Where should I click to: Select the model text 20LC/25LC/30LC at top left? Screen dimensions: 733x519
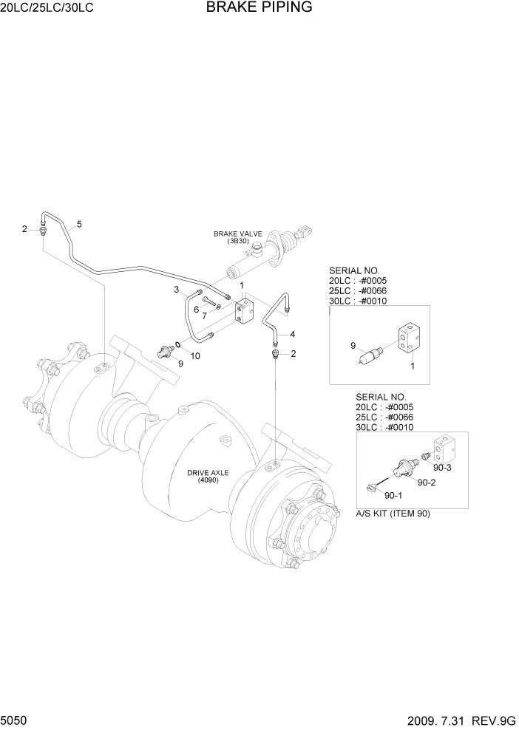[x=48, y=9]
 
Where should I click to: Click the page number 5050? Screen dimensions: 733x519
[x=16, y=720]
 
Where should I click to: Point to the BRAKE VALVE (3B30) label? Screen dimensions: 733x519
[x=238, y=236]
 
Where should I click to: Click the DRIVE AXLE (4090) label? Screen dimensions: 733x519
[x=204, y=475]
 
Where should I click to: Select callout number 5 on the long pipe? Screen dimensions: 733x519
[x=79, y=224]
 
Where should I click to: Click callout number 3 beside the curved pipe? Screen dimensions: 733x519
[x=177, y=289]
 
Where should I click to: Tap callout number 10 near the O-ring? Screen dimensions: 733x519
[x=195, y=356]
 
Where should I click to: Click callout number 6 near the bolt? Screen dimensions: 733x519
[x=196, y=309]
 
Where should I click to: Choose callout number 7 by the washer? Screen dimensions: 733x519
[x=204, y=316]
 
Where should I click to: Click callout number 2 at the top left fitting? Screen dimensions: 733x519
[x=24, y=230]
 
